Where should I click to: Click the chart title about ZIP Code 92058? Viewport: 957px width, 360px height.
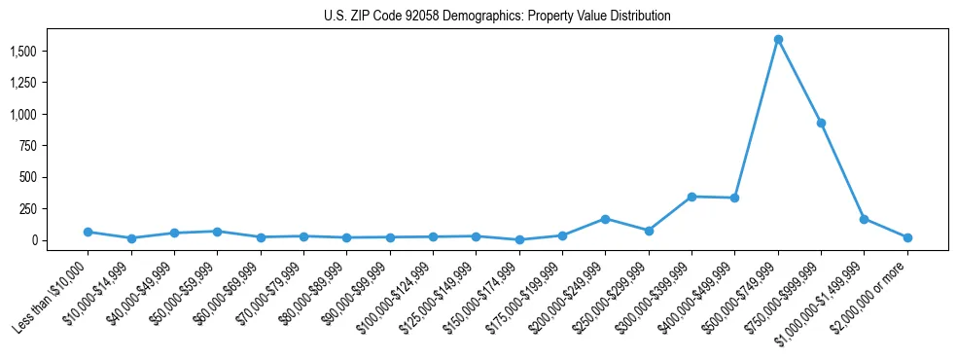coord(497,17)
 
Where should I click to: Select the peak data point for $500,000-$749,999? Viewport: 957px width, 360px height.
coord(778,40)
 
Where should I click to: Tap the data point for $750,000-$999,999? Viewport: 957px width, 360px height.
coord(821,123)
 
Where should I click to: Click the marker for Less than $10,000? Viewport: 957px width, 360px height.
coord(88,232)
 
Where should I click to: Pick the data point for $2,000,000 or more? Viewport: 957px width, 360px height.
coord(907,237)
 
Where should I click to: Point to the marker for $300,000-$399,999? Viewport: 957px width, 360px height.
coord(691,197)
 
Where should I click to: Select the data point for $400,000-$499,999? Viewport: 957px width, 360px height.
coord(735,198)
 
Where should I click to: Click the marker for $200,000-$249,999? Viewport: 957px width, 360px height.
coord(605,219)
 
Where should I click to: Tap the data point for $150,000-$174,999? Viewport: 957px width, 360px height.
coord(519,239)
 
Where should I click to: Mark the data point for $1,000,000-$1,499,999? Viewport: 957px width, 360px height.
coord(864,219)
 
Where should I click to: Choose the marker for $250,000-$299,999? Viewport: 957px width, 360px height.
coord(649,231)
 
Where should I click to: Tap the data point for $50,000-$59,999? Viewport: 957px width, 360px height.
coord(217,232)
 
